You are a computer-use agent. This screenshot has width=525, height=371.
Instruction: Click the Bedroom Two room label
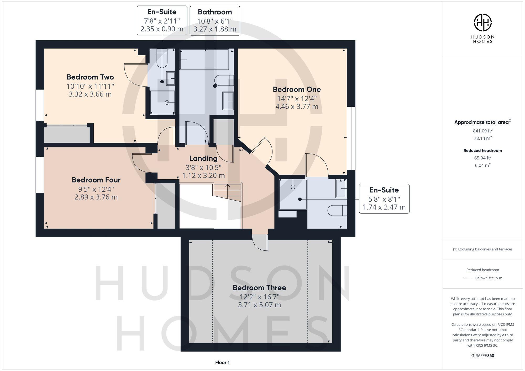90,77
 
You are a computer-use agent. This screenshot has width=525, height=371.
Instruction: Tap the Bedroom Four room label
96,180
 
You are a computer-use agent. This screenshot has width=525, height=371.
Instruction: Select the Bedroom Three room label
259,288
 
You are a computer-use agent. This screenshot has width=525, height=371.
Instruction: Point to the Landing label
203,158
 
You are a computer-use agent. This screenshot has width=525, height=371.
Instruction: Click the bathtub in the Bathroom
204,59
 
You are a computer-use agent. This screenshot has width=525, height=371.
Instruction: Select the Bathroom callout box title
215,12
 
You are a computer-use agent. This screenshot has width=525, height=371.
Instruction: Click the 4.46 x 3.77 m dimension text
297,107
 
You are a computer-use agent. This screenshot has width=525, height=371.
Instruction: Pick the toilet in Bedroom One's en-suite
337,211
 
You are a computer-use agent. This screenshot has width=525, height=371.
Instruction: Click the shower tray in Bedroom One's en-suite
293,194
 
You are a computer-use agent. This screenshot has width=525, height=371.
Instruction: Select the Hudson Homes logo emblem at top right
482,23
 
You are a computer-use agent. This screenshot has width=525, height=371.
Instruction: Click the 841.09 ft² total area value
482,131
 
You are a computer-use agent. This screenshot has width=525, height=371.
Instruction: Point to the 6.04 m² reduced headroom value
482,165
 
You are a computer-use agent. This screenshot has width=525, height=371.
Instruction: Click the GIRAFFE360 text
482,356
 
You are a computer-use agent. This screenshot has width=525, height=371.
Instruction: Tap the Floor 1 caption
222,363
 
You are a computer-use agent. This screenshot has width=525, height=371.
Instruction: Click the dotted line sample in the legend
468,278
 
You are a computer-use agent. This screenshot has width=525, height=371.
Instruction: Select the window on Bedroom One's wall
351,138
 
